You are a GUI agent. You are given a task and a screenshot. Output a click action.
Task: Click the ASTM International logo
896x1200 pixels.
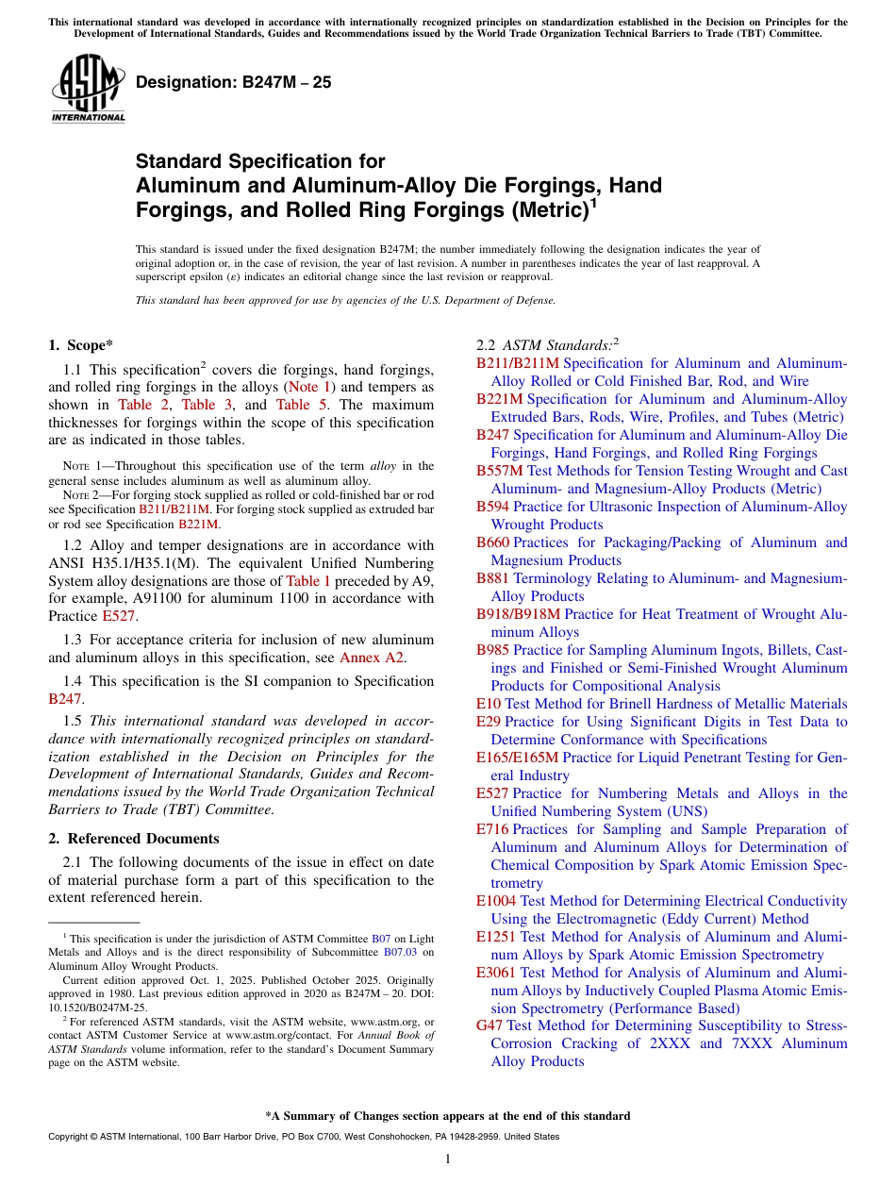88,88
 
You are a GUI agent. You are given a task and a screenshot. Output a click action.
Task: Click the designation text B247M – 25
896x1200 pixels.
233,82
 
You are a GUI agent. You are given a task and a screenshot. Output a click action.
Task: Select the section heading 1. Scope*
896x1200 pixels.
80,345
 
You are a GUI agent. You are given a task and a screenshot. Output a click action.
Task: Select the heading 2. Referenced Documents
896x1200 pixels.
134,839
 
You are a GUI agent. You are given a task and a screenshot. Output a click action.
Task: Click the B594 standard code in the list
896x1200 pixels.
493,507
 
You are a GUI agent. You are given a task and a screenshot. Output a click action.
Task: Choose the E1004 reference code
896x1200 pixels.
496,901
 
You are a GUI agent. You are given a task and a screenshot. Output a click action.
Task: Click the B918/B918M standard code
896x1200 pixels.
518,614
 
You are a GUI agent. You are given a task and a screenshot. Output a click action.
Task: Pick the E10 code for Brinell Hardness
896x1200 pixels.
489,704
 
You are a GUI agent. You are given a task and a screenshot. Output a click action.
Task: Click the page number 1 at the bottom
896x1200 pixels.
448,1159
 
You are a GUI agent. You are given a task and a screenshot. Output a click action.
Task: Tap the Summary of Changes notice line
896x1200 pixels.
448,1116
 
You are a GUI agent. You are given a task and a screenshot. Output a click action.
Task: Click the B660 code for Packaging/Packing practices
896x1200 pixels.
493,542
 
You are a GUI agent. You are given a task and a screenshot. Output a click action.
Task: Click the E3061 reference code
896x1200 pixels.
496,973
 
